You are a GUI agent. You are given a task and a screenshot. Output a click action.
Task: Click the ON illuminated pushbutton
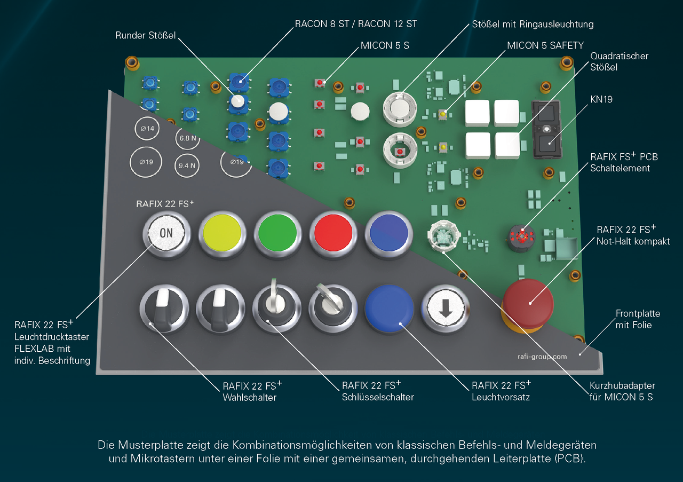166,233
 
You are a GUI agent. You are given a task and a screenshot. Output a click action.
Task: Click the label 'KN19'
601,99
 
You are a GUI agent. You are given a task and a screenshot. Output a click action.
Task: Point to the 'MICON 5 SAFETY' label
545,45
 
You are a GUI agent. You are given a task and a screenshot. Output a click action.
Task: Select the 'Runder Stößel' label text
145,36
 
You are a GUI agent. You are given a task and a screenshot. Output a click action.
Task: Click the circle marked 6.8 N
187,138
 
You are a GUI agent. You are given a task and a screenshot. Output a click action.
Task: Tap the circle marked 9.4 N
187,165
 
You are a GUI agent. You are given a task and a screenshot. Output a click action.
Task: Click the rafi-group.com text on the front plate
542,356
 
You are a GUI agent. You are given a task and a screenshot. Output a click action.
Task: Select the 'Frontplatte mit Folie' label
634,319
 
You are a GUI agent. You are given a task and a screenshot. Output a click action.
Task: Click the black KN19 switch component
547,130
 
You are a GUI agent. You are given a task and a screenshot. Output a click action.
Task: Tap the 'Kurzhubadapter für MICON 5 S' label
622,391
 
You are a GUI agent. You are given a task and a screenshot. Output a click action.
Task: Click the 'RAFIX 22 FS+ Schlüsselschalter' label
378,391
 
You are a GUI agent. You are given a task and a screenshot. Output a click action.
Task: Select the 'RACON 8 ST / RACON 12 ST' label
356,24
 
